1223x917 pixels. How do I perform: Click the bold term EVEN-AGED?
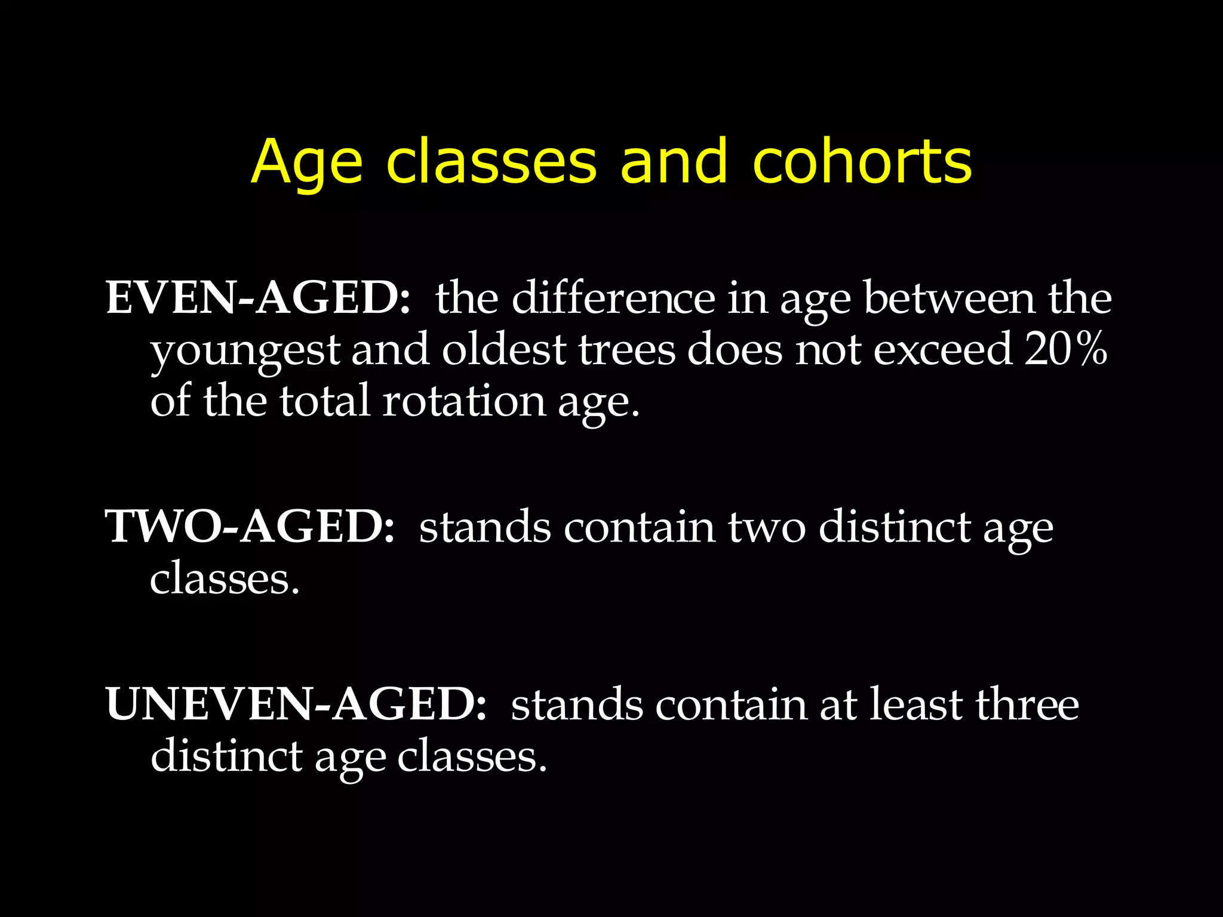click(258, 298)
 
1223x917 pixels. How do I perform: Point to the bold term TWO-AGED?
click(250, 527)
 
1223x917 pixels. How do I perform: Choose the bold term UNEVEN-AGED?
click(296, 704)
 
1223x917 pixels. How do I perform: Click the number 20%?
click(1066, 349)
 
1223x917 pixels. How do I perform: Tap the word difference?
click(613, 298)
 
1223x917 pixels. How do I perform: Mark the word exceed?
click(942, 349)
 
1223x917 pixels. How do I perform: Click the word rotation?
click(464, 401)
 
